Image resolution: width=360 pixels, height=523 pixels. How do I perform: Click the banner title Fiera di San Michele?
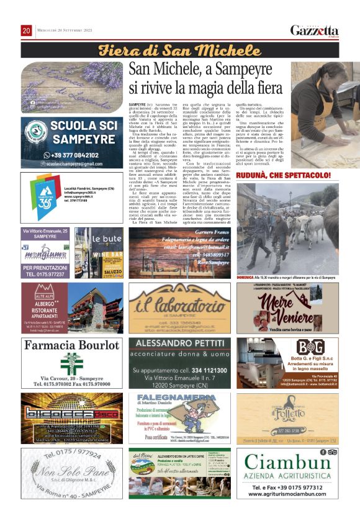point(181,50)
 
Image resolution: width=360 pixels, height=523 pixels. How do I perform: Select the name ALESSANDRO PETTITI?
point(179,343)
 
